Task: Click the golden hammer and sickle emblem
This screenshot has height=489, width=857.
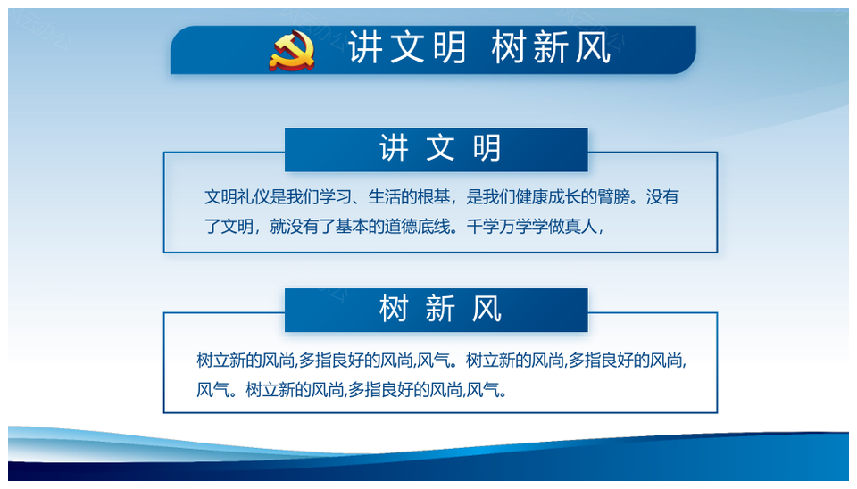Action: point(292,51)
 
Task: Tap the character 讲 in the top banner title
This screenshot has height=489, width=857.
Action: point(366,47)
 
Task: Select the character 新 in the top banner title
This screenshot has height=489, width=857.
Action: point(551,47)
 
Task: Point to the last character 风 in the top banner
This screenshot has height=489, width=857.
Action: point(593,47)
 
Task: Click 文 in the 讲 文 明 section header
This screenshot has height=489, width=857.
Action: point(440,148)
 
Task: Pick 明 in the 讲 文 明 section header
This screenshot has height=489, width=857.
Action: point(487,148)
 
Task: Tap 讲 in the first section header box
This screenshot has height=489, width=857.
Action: point(394,148)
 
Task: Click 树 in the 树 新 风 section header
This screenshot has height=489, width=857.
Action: point(394,309)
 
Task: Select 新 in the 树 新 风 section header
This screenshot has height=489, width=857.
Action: point(440,309)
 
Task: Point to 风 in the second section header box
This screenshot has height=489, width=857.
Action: point(487,309)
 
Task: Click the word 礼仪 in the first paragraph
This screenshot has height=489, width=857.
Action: point(254,196)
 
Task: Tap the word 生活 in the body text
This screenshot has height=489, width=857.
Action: point(384,196)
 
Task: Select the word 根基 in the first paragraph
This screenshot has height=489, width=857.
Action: point(434,196)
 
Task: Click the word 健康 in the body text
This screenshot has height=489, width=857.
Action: point(531,196)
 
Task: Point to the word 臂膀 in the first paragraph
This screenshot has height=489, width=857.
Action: point(613,196)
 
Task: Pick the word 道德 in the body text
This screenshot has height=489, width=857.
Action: point(401,226)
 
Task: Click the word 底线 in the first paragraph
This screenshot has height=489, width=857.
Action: point(434,226)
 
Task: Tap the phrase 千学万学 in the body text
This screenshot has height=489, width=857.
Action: point(499,226)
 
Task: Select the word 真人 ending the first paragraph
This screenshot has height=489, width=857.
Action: point(581,226)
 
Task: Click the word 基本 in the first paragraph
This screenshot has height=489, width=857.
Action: point(352,226)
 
